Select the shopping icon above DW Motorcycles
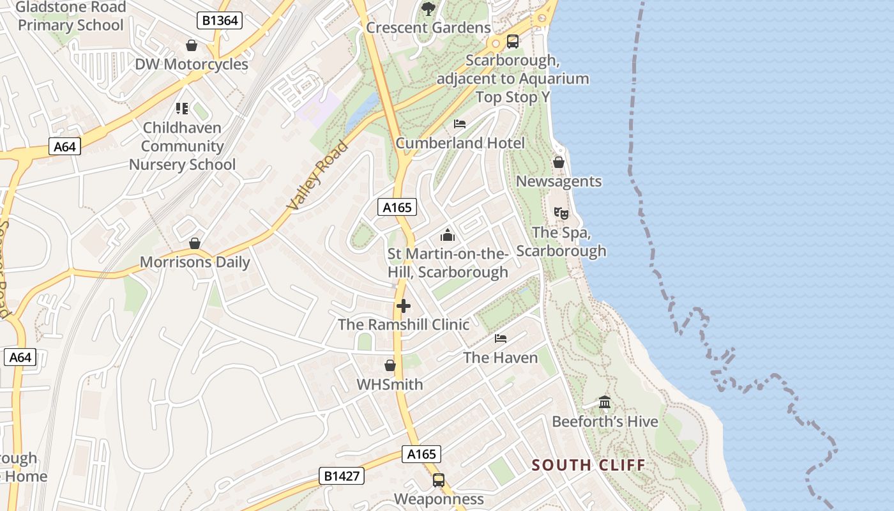191,45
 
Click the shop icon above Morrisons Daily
195,243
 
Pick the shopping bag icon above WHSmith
390,365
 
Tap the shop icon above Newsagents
559,162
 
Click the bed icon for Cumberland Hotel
460,123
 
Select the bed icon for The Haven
501,338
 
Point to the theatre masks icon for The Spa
561,213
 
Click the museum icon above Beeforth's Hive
605,402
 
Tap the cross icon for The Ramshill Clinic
404,306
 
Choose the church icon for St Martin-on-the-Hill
448,235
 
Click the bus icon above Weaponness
439,480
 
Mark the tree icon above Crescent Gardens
428,9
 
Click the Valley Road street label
317,176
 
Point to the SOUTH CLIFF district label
589,465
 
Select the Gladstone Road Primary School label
70,17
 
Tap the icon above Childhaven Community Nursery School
182,109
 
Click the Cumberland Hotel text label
460,143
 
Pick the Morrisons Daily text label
195,263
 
